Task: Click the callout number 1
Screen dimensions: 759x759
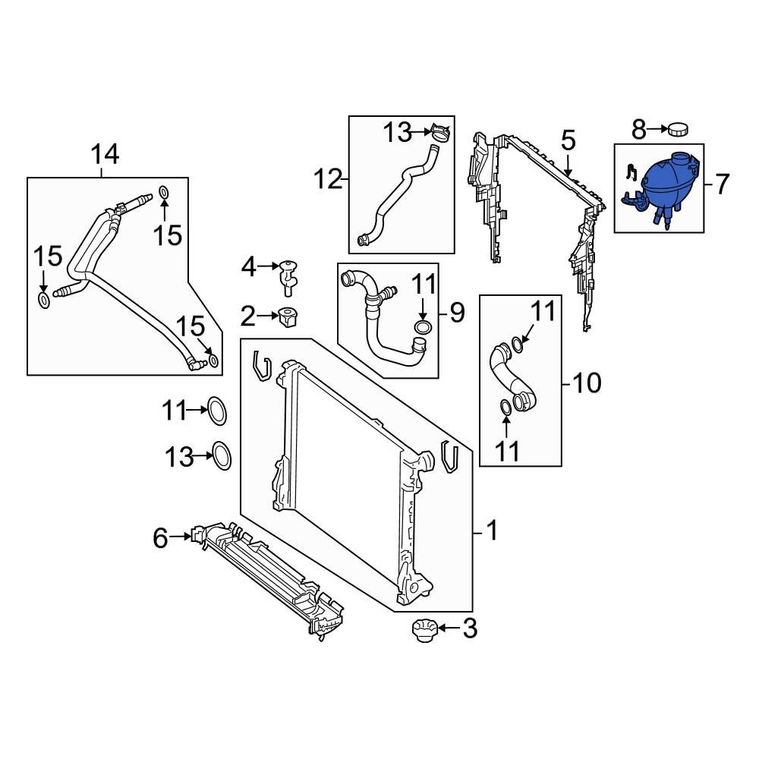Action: (x=491, y=531)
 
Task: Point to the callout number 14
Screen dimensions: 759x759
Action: (x=106, y=155)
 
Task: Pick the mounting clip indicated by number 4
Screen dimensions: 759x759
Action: (x=288, y=276)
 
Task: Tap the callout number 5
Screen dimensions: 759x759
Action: (x=568, y=141)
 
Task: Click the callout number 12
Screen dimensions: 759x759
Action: (x=329, y=180)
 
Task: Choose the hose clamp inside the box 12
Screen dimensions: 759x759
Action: (x=439, y=133)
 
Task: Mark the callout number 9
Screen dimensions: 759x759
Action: (x=456, y=313)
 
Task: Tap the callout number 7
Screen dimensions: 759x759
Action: (x=721, y=183)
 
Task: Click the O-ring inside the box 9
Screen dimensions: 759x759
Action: (x=424, y=328)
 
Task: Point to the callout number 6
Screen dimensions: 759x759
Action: (x=160, y=538)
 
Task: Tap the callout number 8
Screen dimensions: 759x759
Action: (x=639, y=129)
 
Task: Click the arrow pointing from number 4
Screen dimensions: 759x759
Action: (x=269, y=266)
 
